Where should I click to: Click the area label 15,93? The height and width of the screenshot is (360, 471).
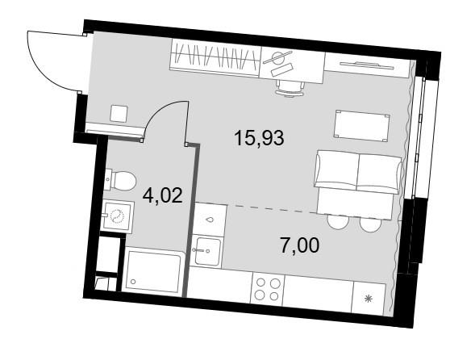pyautogui.click(x=259, y=138)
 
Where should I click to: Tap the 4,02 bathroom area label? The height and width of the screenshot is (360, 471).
pyautogui.click(x=163, y=196)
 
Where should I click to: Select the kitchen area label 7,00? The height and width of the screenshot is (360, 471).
pyautogui.click(x=299, y=245)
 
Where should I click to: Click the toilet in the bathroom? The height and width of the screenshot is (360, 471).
pyautogui.click(x=120, y=181)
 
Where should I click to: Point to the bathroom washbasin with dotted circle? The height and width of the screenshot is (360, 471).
pyautogui.click(x=118, y=216)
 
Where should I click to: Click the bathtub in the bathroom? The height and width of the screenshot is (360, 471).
pyautogui.click(x=154, y=270)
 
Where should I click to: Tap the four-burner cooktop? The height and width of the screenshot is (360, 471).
pyautogui.click(x=266, y=289)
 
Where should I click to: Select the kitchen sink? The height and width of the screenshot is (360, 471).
pyautogui.click(x=206, y=251)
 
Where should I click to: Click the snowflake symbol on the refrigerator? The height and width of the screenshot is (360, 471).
pyautogui.click(x=369, y=299)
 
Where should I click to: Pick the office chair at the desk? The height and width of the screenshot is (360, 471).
pyautogui.click(x=290, y=87)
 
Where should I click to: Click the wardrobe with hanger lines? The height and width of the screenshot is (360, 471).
pyautogui.click(x=215, y=58)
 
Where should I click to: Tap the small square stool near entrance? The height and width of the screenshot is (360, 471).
pyautogui.click(x=119, y=113)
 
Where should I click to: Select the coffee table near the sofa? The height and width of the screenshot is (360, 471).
pyautogui.click(x=362, y=126)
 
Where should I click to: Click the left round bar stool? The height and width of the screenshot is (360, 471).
pyautogui.click(x=339, y=222)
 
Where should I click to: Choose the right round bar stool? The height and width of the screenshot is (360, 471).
pyautogui.click(x=370, y=224)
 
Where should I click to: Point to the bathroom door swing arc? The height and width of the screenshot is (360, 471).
pyautogui.click(x=159, y=112)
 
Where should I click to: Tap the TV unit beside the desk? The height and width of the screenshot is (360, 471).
pyautogui.click(x=368, y=65)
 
